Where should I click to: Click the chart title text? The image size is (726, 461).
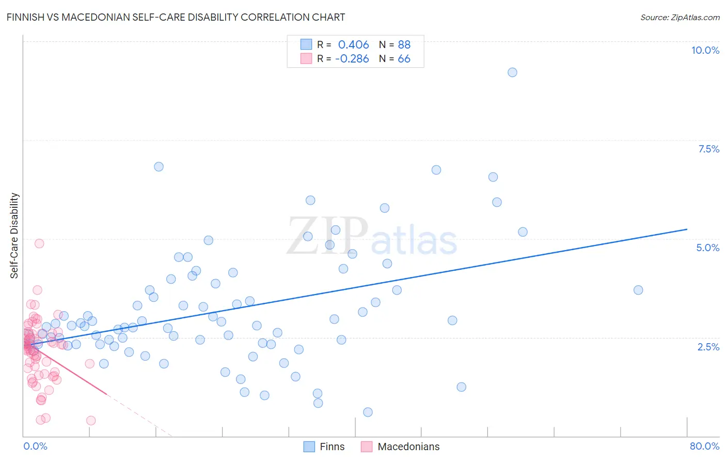coord(176,17)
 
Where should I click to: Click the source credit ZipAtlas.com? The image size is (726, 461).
coord(680,17)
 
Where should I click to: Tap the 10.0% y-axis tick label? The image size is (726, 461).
coord(705,50)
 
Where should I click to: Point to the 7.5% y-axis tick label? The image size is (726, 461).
coord(708,149)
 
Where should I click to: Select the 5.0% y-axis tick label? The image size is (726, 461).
coord(707,248)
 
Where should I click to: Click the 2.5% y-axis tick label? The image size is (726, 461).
coord(708,347)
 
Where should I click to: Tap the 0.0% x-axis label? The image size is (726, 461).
coord(35,446)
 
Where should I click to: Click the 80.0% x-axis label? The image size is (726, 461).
coord(704,446)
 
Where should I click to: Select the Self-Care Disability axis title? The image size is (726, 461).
coord(14,236)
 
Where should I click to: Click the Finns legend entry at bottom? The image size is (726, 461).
coord(332,447)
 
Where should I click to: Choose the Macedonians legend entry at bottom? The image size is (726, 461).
coord(408,447)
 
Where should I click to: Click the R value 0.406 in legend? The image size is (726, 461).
coord(353,45)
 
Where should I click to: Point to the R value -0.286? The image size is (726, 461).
coord(352,59)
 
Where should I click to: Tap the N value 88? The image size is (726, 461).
coord(404,45)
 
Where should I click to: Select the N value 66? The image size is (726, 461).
coord(404,59)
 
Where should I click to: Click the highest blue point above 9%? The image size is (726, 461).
coord(512,72)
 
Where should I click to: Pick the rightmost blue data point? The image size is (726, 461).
coord(638,290)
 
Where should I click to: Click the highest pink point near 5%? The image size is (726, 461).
coord(39,243)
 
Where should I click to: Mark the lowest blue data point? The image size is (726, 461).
coord(368,412)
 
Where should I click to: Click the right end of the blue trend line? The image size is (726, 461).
coord(687,229)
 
